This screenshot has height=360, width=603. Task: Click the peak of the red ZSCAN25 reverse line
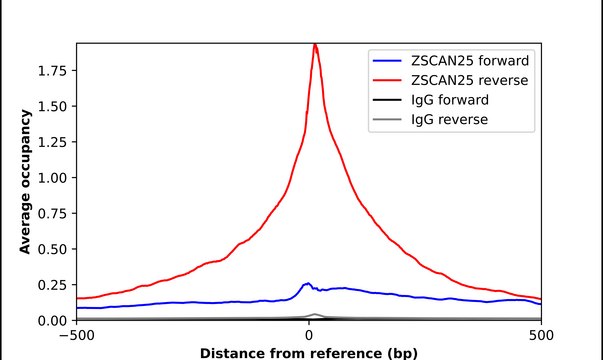pyautogui.click(x=315, y=44)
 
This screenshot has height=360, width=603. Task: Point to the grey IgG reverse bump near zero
pyautogui.click(x=314, y=315)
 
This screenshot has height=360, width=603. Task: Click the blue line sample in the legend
pyautogui.click(x=385, y=58)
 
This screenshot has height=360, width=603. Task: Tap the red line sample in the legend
pyautogui.click(x=385, y=79)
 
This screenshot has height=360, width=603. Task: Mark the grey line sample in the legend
pyautogui.click(x=385, y=121)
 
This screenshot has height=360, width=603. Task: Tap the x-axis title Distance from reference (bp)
pyautogui.click(x=308, y=352)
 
